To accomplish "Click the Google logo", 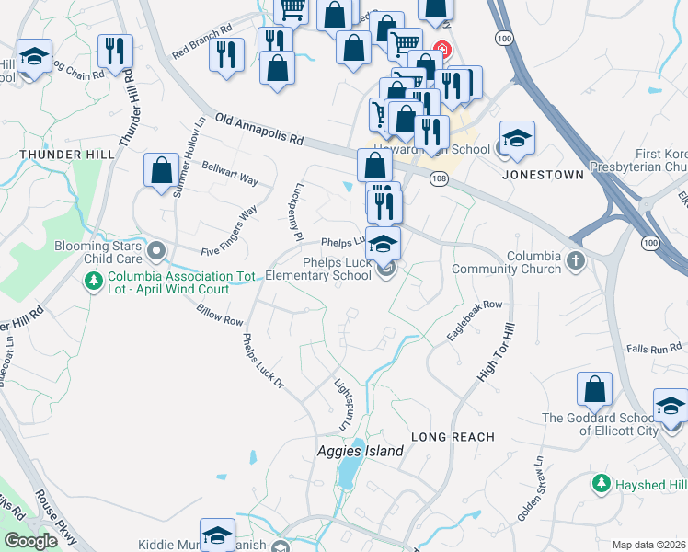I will click(x=30, y=541).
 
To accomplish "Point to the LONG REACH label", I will click(x=453, y=437).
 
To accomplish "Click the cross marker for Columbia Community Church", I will click(x=575, y=260).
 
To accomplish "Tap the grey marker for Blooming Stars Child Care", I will click(x=155, y=249).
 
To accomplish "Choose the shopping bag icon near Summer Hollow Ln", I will click(x=162, y=170).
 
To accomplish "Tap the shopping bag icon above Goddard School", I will click(x=594, y=390).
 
